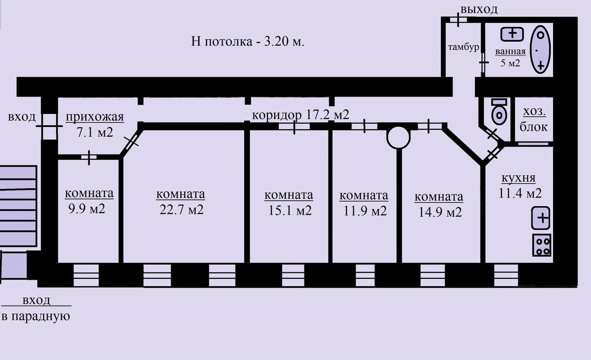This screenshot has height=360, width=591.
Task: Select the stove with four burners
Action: coord(542,245)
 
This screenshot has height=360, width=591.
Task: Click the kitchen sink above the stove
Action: coord(541,218)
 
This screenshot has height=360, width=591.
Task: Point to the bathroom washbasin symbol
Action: coord(512,34)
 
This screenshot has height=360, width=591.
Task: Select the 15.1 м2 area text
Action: coord(289,210)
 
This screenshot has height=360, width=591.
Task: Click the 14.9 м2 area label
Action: coord(439,212)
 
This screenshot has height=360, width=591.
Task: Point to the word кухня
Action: coord(518,178)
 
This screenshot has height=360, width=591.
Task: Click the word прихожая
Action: coord(95,117)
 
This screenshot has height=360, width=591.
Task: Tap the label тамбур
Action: coord(464,47)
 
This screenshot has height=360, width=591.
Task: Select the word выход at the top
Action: coord(479,9)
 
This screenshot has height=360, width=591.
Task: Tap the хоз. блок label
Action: coord(534,119)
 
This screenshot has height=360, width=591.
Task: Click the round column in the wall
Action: coord(398,137)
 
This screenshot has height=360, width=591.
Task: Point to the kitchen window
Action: coord(506,275)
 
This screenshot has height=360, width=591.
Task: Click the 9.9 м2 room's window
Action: coord(86,275)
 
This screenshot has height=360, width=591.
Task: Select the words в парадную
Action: coord(36,317)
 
